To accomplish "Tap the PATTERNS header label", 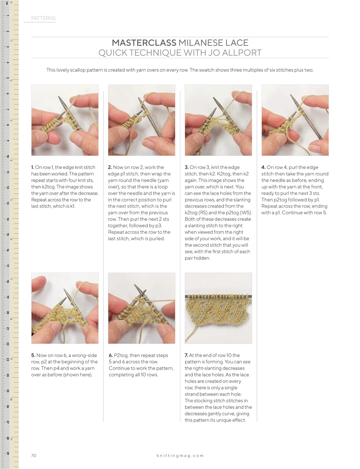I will click(x=43, y=18).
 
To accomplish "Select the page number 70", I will click(x=34, y=455).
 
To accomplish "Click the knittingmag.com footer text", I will click(x=180, y=455).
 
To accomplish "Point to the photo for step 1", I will click(x=65, y=120).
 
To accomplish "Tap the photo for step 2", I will click(x=142, y=120).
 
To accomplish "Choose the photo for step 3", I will click(x=218, y=120).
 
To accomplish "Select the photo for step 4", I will click(x=295, y=120).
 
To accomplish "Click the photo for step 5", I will click(x=65, y=308).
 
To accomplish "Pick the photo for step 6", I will click(x=142, y=308).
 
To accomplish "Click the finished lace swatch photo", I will click(x=218, y=308).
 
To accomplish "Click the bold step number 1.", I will click(x=33, y=167).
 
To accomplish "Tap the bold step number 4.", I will click(x=263, y=167).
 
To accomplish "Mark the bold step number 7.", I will click(x=186, y=355).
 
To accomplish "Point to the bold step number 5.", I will click(x=33, y=355).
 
